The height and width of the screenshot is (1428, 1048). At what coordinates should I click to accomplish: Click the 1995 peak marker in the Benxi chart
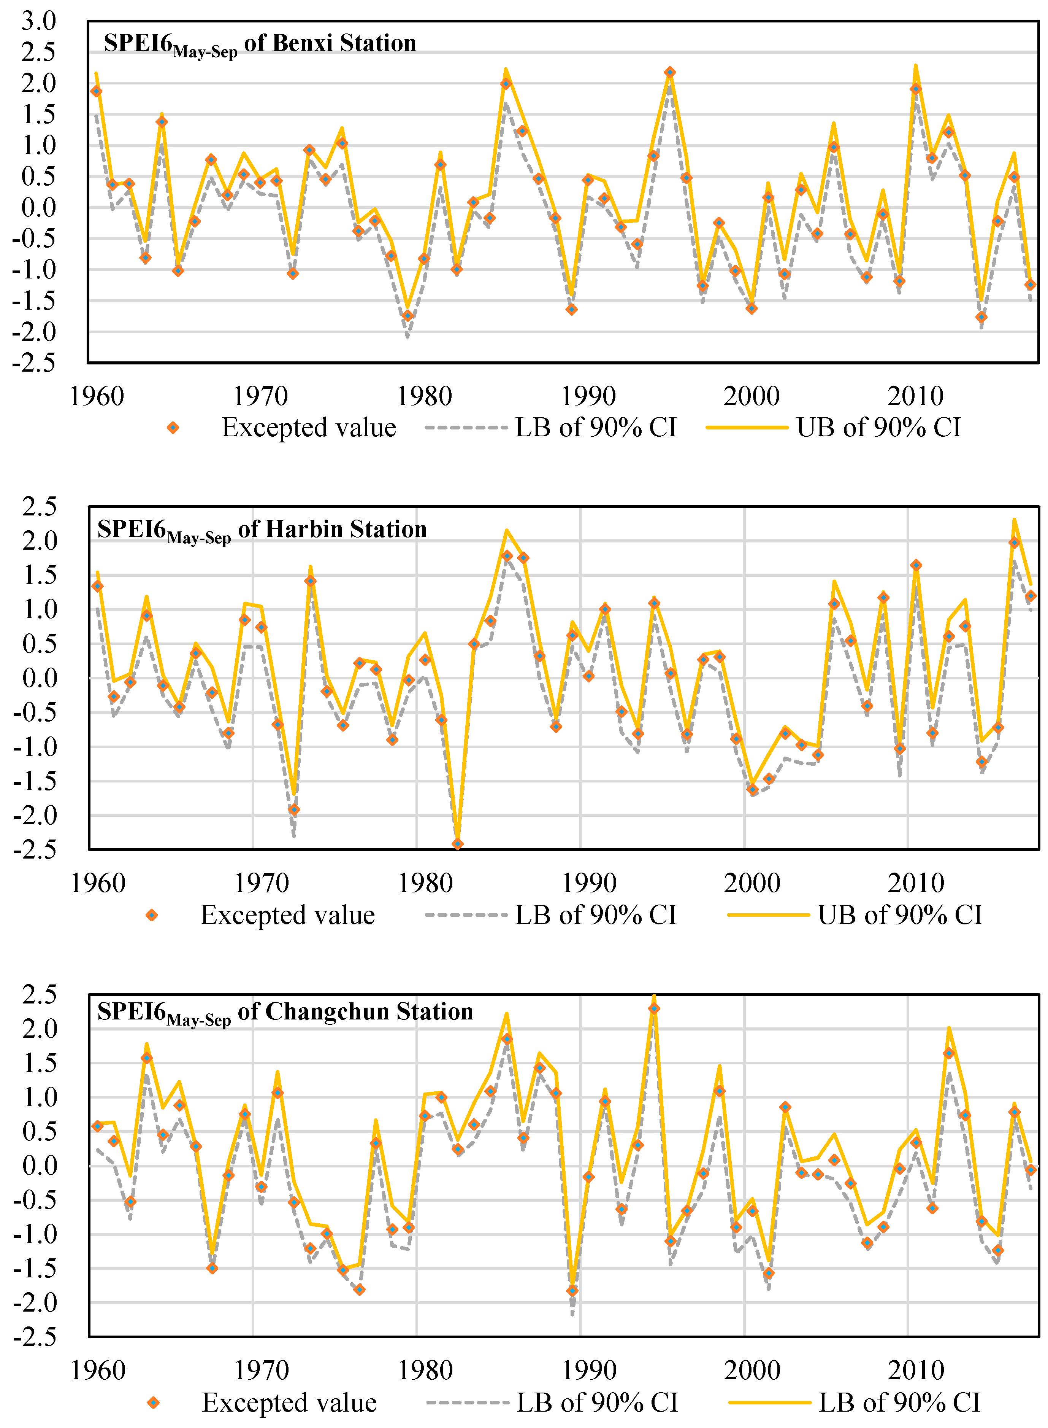click(670, 72)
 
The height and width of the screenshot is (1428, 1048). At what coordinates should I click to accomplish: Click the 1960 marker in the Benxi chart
click(97, 91)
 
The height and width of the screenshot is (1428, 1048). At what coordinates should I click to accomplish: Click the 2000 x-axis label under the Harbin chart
click(752, 883)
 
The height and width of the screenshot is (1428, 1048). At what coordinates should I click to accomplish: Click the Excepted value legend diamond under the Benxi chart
click(173, 428)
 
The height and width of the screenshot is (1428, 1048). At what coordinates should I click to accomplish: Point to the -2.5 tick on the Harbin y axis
click(39, 849)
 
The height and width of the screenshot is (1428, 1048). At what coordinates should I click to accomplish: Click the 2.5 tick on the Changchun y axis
click(39, 994)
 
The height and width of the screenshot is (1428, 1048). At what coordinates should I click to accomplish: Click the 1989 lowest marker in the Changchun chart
click(572, 1290)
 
